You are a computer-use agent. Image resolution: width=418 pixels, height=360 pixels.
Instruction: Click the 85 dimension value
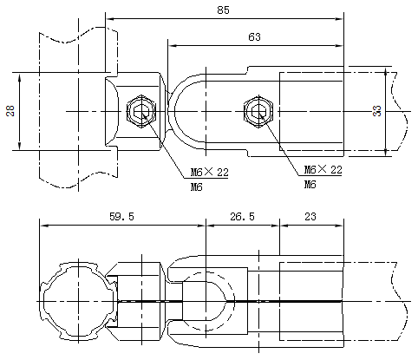223,10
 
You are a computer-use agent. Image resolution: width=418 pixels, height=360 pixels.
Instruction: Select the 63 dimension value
254,37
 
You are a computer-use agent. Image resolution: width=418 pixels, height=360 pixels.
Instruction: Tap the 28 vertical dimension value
10,111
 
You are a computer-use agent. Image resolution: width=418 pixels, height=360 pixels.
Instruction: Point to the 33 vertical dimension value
377,111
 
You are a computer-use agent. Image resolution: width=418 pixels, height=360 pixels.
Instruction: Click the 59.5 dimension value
121,216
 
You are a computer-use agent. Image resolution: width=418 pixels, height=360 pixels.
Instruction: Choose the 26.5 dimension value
242,216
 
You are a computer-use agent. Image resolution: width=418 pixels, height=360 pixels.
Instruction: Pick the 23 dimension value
310,216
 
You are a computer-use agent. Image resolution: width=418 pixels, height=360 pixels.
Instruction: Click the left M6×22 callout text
209,173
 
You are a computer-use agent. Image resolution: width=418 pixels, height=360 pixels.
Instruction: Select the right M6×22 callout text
323,169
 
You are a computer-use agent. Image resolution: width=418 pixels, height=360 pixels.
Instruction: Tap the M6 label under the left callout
196,187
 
